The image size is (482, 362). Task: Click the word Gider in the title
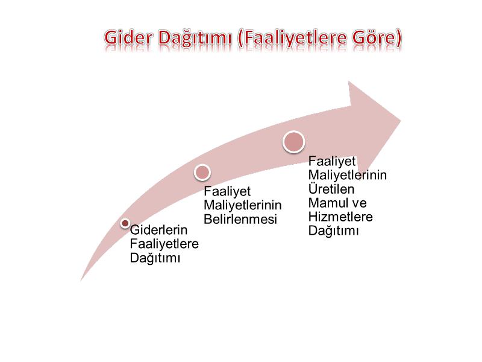point(128,38)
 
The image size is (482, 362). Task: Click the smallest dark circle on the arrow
point(125,223)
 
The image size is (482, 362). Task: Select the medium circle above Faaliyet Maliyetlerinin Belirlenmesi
point(202,173)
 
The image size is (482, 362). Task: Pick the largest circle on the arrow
point(293,142)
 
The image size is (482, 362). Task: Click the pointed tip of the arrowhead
point(401,121)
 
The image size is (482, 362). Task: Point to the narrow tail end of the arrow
point(81,281)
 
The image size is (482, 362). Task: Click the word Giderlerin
point(158,230)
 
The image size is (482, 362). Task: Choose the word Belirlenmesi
point(240,220)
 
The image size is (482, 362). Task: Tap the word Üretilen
point(331,189)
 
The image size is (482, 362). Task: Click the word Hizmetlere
point(340,217)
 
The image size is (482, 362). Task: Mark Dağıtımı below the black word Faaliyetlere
point(155,258)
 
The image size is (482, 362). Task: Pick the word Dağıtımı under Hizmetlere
point(334,231)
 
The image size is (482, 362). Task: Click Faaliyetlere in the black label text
point(164,244)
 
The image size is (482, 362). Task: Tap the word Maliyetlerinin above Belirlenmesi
point(243,205)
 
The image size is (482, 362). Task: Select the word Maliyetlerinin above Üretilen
point(348,175)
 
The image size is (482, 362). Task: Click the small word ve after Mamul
point(359,204)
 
